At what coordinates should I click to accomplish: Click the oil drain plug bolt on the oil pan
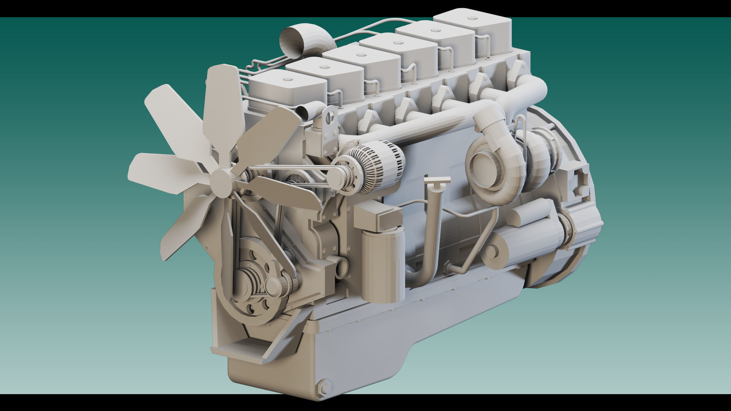[x=324, y=388]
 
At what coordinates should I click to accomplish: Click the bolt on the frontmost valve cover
[x=287, y=80]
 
